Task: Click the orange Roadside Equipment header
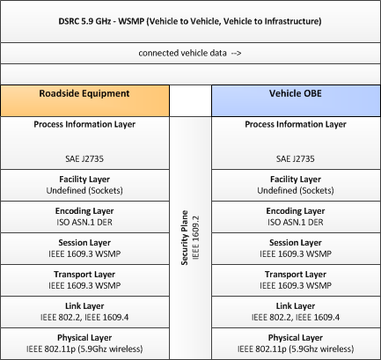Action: (84, 101)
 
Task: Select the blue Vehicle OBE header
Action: (296, 101)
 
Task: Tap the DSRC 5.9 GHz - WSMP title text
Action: (190, 21)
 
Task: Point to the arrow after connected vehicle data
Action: (236, 53)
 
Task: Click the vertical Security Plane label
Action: (185, 238)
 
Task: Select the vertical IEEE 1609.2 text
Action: (195, 238)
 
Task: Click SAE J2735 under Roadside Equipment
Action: (84, 158)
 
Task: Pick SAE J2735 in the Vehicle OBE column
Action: (296, 158)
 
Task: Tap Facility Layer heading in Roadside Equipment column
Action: (84, 180)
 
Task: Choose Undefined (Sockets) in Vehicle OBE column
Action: (296, 190)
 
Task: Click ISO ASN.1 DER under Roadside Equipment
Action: (84, 222)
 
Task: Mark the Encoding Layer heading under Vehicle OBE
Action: (296, 211)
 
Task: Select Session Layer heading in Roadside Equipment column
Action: (84, 243)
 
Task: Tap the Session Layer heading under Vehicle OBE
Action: (296, 243)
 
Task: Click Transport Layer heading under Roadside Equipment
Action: (84, 275)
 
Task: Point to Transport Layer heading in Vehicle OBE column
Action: (296, 275)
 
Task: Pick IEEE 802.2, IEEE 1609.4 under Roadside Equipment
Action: (84, 317)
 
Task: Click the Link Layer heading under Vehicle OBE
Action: (296, 306)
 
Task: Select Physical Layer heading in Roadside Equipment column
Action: (84, 338)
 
